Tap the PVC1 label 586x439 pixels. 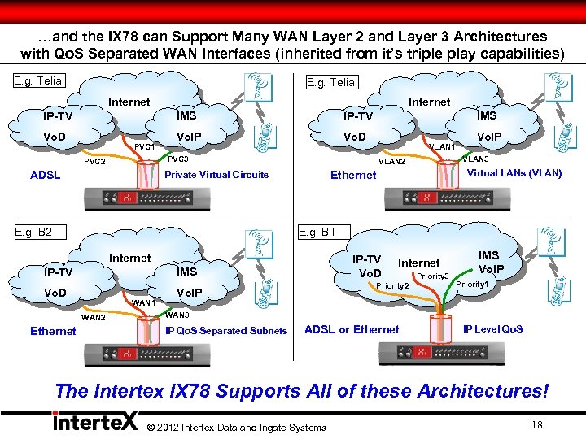click(144, 147)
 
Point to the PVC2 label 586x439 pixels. click(95, 162)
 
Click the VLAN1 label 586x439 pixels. click(442, 147)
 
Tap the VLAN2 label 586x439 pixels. click(391, 162)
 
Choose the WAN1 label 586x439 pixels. click(143, 302)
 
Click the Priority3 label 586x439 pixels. click(433, 276)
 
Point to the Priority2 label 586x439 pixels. click(391, 286)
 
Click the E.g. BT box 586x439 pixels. click(317, 232)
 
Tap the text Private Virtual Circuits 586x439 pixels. click(216, 175)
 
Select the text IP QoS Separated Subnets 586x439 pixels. click(226, 331)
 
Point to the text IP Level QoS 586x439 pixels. click(492, 329)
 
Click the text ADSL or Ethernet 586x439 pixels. click(352, 329)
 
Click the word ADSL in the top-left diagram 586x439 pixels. click(45, 175)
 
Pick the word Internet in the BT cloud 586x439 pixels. click(418, 263)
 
